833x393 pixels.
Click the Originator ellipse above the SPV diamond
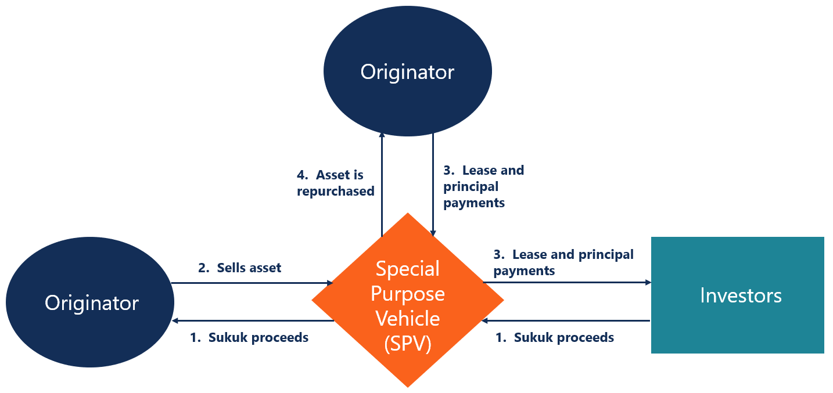point(407,72)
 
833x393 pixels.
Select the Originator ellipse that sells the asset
point(91,302)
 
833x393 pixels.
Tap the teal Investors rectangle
point(737,295)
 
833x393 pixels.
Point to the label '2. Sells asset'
point(239,268)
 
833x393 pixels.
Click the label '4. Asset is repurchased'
point(335,183)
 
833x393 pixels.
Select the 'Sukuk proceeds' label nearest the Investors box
point(554,337)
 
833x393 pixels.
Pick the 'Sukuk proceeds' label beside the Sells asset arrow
point(249,337)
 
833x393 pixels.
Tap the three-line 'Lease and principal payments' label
point(483,186)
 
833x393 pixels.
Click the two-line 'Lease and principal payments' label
point(563,262)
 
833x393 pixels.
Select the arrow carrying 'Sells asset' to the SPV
point(252,283)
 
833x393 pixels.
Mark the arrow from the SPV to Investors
point(566,283)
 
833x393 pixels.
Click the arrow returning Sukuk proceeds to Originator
point(253,320)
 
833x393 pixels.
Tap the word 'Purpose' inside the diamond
point(408,294)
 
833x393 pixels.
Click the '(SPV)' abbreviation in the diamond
point(408,344)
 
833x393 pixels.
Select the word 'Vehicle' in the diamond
point(408,319)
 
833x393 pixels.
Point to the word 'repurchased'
point(335,191)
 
